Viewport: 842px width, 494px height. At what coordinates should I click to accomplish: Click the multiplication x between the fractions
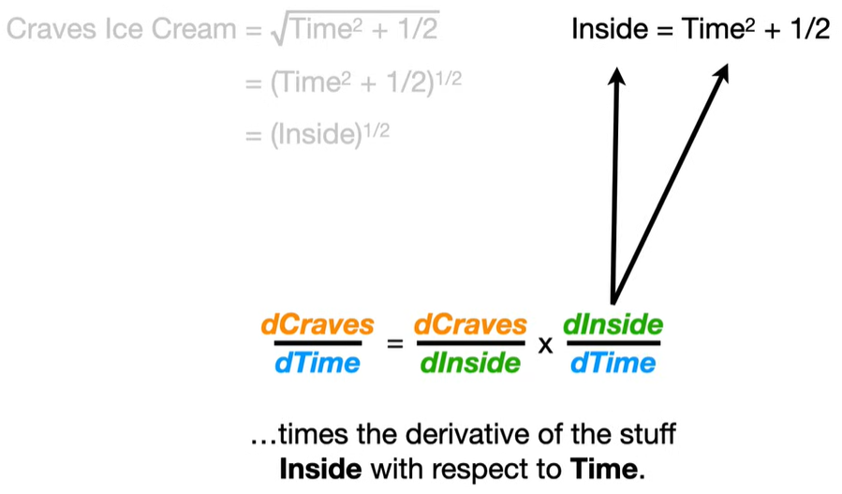(x=545, y=345)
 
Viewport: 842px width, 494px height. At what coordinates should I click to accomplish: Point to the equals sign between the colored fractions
(x=394, y=345)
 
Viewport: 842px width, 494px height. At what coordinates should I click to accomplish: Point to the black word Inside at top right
(x=606, y=29)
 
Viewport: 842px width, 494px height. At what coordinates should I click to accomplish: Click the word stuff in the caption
(x=646, y=436)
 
